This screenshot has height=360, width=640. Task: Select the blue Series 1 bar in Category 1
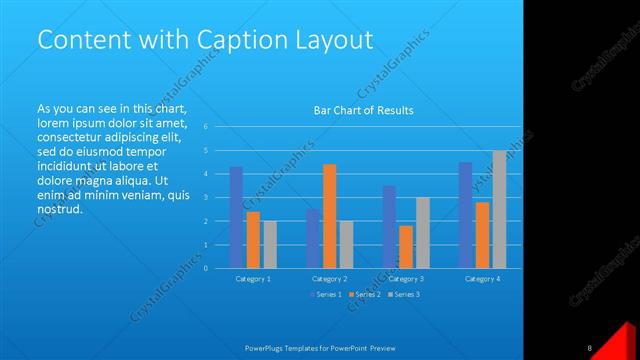236,217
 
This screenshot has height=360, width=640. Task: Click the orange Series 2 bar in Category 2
329,216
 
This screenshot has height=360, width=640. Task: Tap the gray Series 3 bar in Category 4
499,209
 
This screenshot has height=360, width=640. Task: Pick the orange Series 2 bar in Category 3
406,247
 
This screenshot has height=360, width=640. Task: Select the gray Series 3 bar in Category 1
270,244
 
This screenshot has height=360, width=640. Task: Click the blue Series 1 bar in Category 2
312,238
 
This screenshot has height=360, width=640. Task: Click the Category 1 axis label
253,278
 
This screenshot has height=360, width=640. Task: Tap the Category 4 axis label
482,278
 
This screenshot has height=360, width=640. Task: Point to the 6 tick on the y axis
204,127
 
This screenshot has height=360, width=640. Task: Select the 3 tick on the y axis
204,197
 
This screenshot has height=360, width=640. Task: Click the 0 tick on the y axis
204,268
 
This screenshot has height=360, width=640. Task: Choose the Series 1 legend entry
326,294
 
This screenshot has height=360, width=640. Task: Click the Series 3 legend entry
404,294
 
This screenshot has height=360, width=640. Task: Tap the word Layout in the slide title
329,40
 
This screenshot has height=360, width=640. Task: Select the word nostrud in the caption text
59,210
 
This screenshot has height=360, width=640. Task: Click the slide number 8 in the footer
590,348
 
